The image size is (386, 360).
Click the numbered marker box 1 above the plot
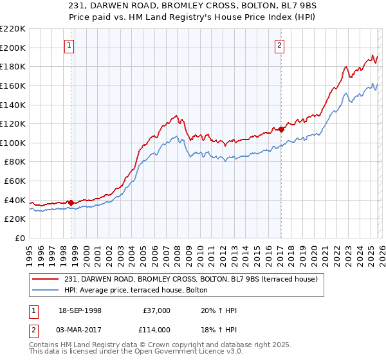(x=69, y=45)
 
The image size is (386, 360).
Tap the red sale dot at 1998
(x=71, y=203)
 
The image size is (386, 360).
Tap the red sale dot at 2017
(x=281, y=129)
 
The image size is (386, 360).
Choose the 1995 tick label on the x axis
(x=30, y=251)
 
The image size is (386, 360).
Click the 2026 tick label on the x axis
(x=381, y=251)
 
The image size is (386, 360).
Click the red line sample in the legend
(x=46, y=278)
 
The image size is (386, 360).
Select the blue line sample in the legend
(x=46, y=290)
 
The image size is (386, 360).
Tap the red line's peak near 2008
(x=176, y=116)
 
